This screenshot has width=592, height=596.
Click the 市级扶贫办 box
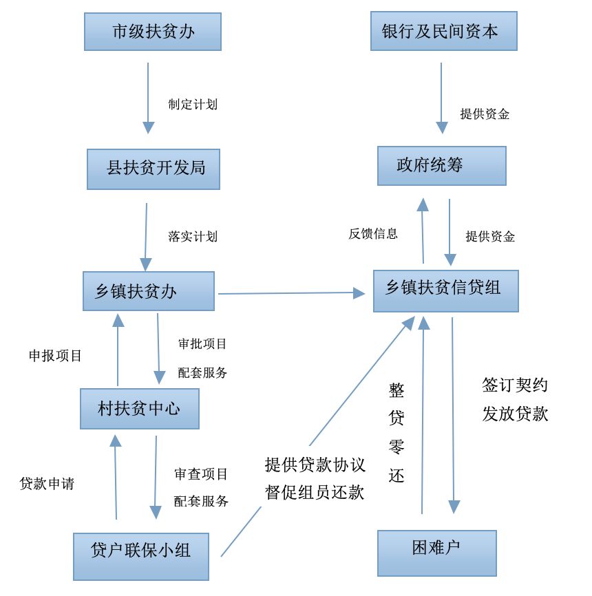pyautogui.click(x=152, y=32)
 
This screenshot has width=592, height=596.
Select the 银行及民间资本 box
pyautogui.click(x=443, y=31)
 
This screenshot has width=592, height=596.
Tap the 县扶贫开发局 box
pyautogui.click(x=153, y=169)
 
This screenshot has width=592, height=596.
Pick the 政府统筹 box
pyautogui.click(x=441, y=165)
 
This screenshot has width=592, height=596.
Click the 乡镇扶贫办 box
pyautogui.click(x=148, y=291)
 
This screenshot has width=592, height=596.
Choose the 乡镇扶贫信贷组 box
pyautogui.click(x=445, y=290)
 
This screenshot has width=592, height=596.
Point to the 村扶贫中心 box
pyautogui.click(x=139, y=409)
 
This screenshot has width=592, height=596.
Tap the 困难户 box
pyautogui.click(x=436, y=553)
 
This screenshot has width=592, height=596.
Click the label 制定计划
pyautogui.click(x=193, y=105)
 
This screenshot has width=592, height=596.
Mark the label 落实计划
pyautogui.click(x=193, y=236)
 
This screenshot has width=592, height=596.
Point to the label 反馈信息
pyautogui.click(x=372, y=233)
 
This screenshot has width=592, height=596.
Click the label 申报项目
pyautogui.click(x=55, y=356)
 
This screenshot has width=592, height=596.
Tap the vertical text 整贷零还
pyautogui.click(x=397, y=433)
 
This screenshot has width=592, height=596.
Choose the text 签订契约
pyautogui.click(x=515, y=385)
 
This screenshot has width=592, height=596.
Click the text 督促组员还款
pyautogui.click(x=315, y=493)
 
